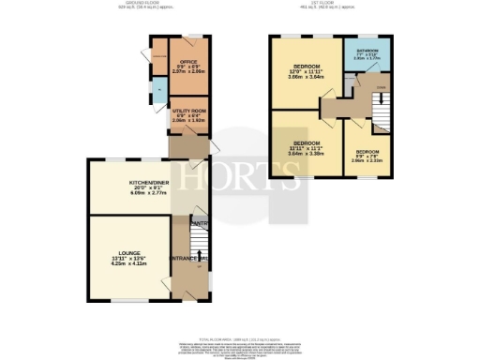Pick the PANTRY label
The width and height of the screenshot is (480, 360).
(x=199, y=223)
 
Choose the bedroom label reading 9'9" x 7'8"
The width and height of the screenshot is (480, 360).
(x=367, y=151)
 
